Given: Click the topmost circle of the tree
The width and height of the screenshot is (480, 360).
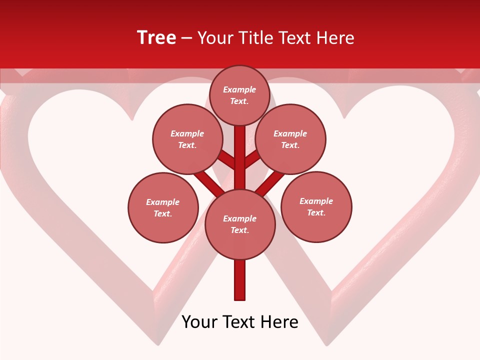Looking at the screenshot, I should pyautogui.click(x=239, y=95).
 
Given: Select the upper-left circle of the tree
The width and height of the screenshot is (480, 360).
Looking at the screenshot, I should pyautogui.click(x=187, y=139).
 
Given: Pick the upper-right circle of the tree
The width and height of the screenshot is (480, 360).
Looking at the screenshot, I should pyautogui.click(x=290, y=139).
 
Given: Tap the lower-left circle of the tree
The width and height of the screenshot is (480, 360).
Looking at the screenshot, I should pyautogui.click(x=163, y=207).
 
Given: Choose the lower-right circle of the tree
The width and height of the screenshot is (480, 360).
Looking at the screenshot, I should pyautogui.click(x=316, y=206).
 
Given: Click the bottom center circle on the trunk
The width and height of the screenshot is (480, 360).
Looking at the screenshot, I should pyautogui.click(x=240, y=224).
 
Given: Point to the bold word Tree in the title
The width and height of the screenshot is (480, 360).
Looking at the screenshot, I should pyautogui.click(x=156, y=37).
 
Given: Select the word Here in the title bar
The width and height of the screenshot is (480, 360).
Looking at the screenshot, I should pyautogui.click(x=336, y=38).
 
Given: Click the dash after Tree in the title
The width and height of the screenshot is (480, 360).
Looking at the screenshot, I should pyautogui.click(x=186, y=38).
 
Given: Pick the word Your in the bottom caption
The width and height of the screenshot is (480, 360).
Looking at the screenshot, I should pyautogui.click(x=199, y=322).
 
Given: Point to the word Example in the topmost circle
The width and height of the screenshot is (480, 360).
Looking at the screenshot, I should pyautogui.click(x=239, y=89).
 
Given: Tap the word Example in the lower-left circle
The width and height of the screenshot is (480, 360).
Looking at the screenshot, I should pyautogui.click(x=162, y=202).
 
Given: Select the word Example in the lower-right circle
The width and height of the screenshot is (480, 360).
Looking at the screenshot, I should pyautogui.click(x=316, y=201).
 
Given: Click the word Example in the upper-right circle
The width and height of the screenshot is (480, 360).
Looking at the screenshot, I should pyautogui.click(x=290, y=133).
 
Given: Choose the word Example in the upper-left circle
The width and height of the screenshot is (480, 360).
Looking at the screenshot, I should pyautogui.click(x=187, y=133).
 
